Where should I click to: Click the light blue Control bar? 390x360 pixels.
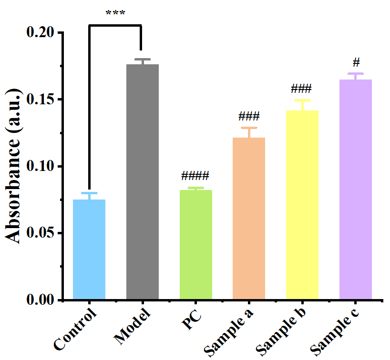(89, 250)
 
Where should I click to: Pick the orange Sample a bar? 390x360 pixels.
(249, 219)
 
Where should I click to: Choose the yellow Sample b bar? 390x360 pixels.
(302, 205)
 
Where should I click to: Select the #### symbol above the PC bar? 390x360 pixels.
(195, 176)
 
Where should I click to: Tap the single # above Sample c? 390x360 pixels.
(356, 62)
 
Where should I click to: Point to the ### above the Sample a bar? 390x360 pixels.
(248, 116)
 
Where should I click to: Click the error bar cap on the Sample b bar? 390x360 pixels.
(302, 100)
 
